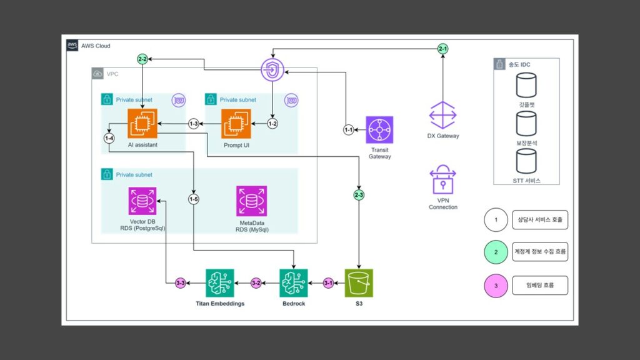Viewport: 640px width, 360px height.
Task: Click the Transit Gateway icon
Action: pos(380,130)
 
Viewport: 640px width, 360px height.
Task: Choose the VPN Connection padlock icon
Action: pos(442,181)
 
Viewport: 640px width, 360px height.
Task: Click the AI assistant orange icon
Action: pos(141,123)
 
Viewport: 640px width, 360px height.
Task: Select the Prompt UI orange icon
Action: pos(236,123)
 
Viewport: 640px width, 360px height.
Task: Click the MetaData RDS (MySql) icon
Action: pos(252,201)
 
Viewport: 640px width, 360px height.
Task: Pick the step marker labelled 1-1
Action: pos(348,130)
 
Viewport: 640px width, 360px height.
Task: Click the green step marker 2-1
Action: pos(442,48)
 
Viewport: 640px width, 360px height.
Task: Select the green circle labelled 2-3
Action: pos(359,196)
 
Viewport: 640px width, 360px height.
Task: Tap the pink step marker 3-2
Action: pos(255,283)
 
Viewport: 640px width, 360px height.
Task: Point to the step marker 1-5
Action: pos(194,199)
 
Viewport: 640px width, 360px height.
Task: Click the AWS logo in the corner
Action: pos(72,46)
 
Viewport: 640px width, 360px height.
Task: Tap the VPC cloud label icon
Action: pos(98,74)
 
